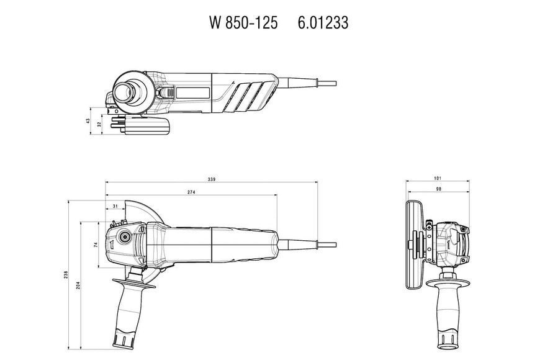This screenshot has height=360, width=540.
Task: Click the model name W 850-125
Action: tap(243, 23)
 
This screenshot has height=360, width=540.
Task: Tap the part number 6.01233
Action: tap(323, 23)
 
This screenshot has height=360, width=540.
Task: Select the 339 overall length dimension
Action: tap(212, 179)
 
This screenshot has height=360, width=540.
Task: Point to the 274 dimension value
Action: tap(191, 192)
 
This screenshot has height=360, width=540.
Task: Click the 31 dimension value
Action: tap(115, 206)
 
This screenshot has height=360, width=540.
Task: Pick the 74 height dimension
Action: tap(96, 245)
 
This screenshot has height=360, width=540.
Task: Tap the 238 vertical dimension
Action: tap(66, 274)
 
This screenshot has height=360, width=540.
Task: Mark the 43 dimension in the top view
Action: tap(88, 121)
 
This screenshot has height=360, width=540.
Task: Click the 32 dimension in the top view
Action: tap(99, 124)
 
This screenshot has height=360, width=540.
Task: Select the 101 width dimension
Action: tap(438, 178)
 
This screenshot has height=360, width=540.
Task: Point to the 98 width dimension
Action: tap(438, 189)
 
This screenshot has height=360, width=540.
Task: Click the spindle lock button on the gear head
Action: tap(124, 237)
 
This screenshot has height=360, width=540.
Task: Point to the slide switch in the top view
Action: tap(168, 92)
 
